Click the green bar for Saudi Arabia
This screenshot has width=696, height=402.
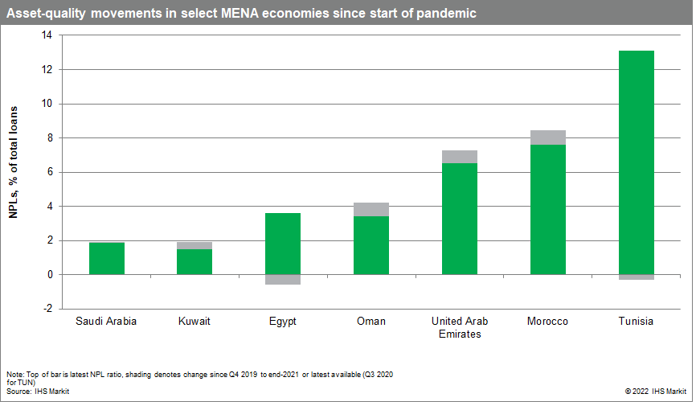coord(106,258)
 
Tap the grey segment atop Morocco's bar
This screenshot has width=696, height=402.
coord(548,137)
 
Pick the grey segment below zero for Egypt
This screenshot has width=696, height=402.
coord(283,280)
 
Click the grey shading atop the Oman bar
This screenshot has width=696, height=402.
coord(371,209)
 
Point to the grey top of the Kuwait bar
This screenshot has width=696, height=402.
coord(194,245)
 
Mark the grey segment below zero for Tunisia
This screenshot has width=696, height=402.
coord(636,277)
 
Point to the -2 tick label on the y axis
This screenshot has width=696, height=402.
coord(46,309)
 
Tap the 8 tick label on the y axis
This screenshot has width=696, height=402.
coord(48,138)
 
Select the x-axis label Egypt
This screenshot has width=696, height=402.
coord(283,322)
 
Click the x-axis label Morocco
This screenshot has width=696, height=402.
coord(547,322)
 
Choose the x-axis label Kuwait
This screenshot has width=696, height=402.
coord(194,322)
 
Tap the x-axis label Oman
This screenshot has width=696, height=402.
coord(371,322)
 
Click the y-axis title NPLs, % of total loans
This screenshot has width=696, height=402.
coord(14,171)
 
